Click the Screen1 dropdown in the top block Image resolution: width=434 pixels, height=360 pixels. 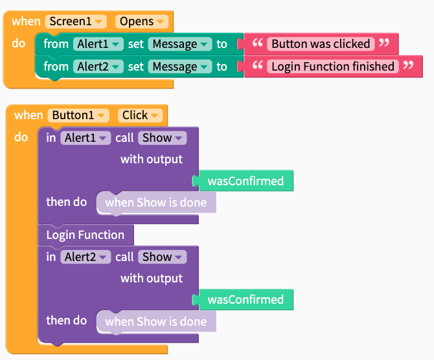76,21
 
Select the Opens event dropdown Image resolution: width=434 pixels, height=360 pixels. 142,21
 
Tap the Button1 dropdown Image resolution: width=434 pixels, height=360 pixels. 78,115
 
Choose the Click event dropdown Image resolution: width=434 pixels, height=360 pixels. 140,115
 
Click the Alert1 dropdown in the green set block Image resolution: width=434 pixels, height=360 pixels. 98,44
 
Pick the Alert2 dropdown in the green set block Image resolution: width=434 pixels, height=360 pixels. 98,67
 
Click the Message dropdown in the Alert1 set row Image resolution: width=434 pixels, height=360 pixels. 180,44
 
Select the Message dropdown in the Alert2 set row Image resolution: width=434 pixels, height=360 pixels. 180,67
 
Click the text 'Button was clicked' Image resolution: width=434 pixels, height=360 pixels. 321,44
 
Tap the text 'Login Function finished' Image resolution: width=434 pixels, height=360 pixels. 333,67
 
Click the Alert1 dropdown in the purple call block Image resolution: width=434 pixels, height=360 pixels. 86,138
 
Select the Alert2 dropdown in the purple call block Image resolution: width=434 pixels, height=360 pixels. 86,257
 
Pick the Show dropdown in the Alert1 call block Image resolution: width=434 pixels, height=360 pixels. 163,138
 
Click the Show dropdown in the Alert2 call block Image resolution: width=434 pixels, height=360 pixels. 163,257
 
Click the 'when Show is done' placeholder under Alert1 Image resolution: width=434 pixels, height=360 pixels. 156,203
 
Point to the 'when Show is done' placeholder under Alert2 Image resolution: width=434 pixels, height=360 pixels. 156,322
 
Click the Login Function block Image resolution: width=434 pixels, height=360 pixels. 86,235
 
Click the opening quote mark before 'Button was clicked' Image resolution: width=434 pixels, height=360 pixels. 257,43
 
